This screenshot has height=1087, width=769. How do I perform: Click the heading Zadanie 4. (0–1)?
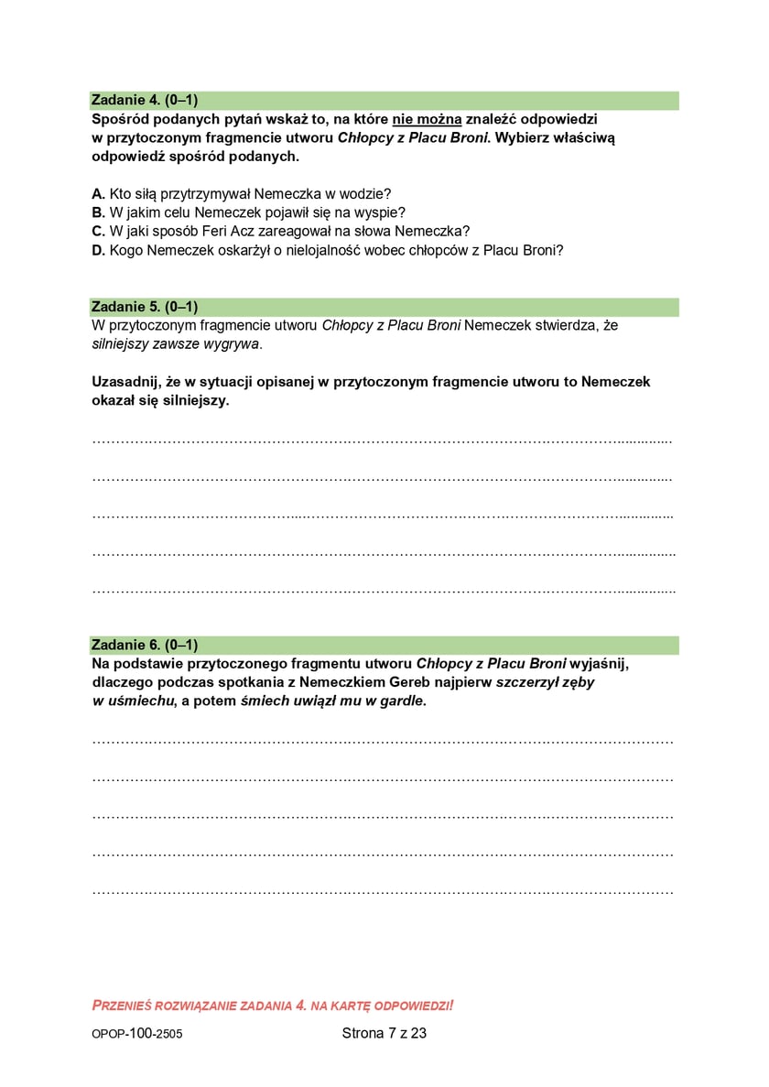click(145, 100)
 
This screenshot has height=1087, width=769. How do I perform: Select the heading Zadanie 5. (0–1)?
click(145, 306)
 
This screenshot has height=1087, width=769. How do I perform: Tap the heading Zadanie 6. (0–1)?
click(145, 645)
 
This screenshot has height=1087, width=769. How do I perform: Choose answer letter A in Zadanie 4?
click(98, 193)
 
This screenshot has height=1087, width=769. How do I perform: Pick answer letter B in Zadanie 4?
click(98, 212)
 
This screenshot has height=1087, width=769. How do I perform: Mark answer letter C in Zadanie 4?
click(98, 230)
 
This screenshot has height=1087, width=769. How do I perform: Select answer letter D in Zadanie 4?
click(98, 249)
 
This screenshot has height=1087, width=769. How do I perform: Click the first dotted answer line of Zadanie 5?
click(383, 440)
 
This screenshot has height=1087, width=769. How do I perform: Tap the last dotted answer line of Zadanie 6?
click(383, 890)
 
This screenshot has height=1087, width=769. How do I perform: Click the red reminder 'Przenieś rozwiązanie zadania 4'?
click(273, 1005)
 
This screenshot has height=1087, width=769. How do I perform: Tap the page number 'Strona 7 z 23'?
click(384, 1033)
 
